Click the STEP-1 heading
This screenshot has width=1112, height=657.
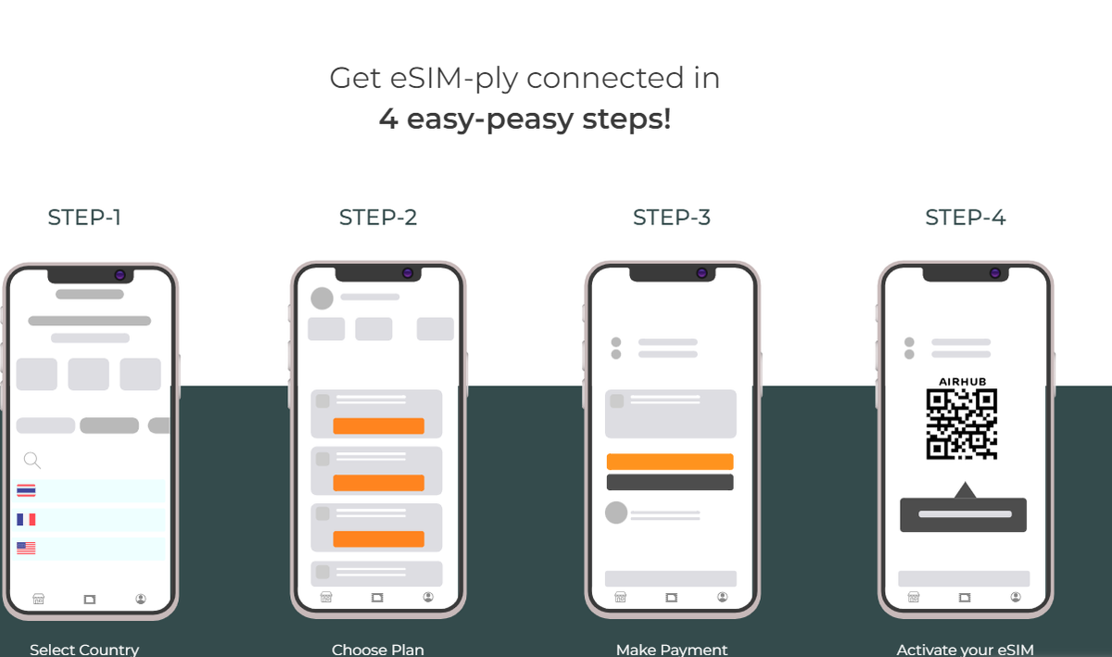(84, 218)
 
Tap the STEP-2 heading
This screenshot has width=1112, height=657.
(378, 218)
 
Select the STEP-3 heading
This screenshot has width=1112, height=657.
(672, 218)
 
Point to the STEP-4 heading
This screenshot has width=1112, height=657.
(966, 218)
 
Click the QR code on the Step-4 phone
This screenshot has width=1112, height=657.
(962, 424)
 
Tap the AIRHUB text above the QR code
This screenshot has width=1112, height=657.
(962, 382)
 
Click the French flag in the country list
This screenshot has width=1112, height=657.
(26, 520)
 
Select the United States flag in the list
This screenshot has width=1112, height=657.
(26, 548)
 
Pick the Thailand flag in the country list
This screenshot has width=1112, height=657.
(26, 490)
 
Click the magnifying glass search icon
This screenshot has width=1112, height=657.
(32, 460)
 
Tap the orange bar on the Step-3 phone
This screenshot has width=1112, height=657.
(670, 461)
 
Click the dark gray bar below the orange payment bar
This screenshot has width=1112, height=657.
(670, 482)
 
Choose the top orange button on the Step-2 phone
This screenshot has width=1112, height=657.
(378, 426)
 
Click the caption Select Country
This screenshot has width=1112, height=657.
(84, 650)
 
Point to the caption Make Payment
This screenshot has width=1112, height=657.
(672, 650)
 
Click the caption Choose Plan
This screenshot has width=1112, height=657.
(378, 650)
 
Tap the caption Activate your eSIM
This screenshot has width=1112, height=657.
(965, 650)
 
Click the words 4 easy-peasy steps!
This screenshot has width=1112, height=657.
(525, 120)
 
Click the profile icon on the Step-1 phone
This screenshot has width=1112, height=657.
(141, 599)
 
